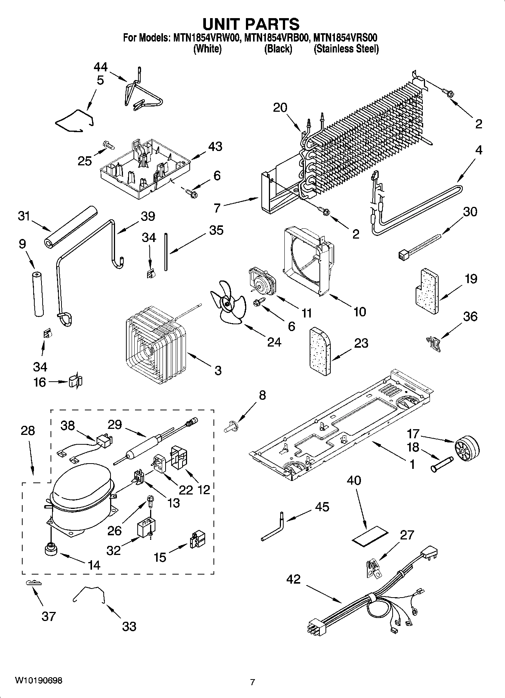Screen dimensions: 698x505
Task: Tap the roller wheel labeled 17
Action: click(467, 448)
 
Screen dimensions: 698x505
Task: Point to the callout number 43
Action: click(216, 146)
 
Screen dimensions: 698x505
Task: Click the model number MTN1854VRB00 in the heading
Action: click(277, 38)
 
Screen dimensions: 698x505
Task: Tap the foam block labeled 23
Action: click(320, 352)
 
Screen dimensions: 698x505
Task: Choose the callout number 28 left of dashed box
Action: click(28, 431)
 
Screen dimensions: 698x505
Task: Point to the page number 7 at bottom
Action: click(252, 682)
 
